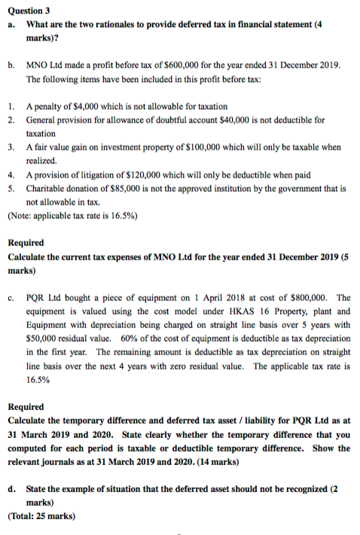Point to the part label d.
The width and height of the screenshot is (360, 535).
click(13, 488)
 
